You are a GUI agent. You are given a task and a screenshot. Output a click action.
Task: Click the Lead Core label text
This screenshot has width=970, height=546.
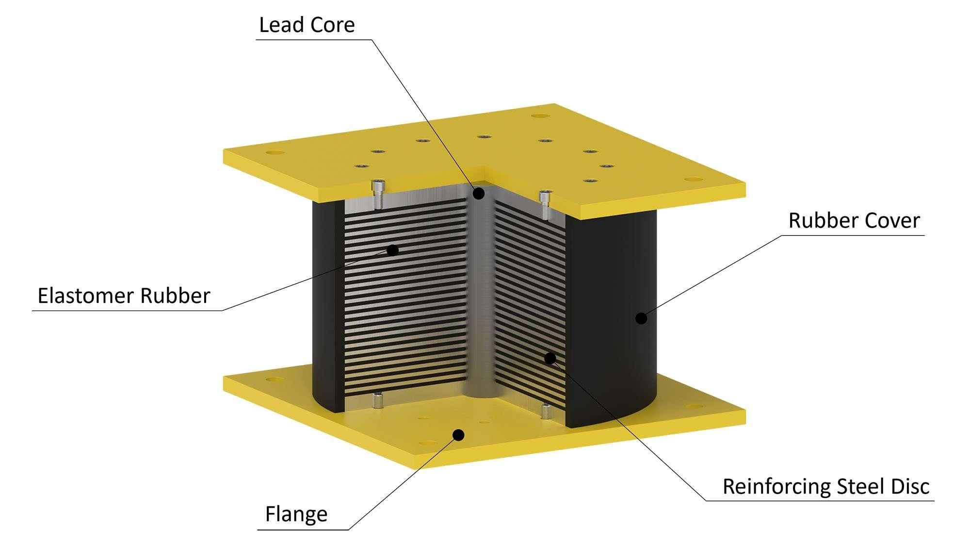tap(307, 25)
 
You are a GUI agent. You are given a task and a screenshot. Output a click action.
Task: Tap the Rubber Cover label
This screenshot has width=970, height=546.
tap(854, 220)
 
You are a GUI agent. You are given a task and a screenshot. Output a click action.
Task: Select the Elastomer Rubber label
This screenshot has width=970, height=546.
tap(124, 296)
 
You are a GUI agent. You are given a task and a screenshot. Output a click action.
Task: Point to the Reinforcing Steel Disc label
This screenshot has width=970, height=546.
tap(826, 486)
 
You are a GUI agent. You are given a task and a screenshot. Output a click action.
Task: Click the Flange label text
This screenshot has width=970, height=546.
tap(296, 514)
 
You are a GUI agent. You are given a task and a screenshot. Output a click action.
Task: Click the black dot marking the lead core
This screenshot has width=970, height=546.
tap(479, 194)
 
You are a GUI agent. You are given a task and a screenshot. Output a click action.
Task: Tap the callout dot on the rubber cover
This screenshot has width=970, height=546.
tap(641, 318)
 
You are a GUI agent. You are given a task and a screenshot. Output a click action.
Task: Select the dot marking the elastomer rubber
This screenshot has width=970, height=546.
tap(392, 250)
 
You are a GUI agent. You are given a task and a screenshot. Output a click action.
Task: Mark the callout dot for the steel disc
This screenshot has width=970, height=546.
tap(550, 358)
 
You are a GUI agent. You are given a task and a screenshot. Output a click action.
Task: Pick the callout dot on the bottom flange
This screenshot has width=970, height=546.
tap(458, 434)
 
